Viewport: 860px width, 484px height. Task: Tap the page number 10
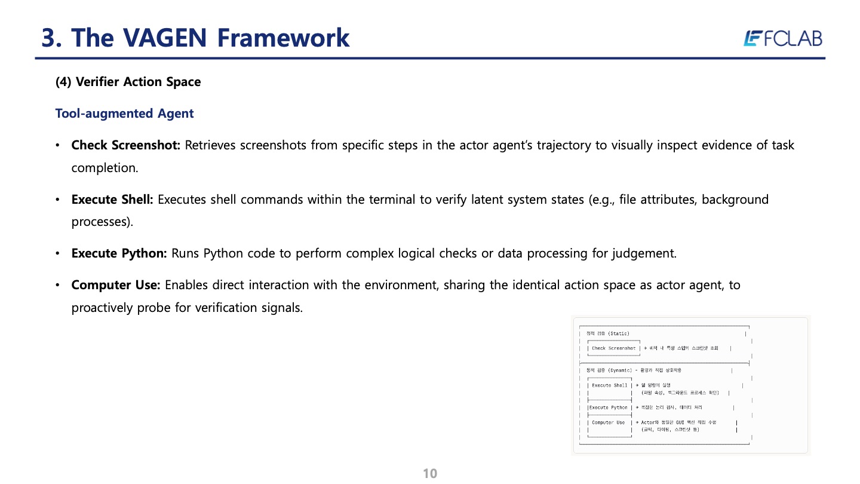tap(430, 474)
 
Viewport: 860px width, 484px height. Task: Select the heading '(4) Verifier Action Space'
tap(128, 82)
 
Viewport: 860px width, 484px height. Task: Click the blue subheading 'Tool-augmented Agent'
tap(124, 114)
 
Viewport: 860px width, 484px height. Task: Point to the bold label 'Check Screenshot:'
tap(126, 145)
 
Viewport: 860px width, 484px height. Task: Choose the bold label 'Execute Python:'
tap(119, 253)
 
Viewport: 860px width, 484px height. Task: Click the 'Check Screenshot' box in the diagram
tap(613, 348)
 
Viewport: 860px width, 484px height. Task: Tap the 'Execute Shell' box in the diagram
tap(609, 385)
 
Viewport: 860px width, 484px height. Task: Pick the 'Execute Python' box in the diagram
tap(609, 408)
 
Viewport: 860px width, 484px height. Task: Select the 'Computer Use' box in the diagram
tap(608, 422)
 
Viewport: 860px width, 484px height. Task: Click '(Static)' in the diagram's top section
tap(619, 333)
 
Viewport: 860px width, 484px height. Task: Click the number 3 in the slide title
tap(50, 38)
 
